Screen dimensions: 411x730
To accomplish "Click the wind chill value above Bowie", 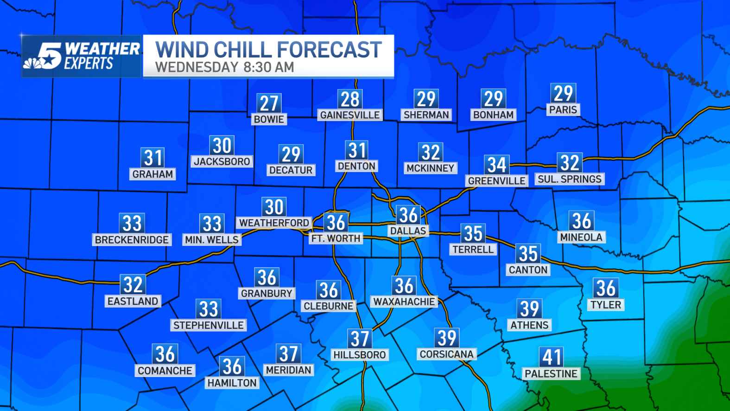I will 269,103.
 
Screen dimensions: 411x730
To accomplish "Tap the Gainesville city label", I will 350,115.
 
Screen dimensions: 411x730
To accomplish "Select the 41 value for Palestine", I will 552,357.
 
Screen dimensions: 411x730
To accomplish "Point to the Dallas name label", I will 408,231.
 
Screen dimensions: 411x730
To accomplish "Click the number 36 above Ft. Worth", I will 336,223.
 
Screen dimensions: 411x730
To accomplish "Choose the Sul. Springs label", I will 570,179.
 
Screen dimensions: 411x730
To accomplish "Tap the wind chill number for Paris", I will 563,94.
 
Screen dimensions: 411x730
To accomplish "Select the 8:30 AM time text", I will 269,67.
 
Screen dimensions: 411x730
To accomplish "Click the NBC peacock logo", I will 32,64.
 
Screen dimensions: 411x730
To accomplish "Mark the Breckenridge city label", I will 132,240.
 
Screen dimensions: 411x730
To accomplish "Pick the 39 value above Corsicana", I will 447,338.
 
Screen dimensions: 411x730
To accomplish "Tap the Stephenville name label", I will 209,325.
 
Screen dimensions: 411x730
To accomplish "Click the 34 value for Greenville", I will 496,165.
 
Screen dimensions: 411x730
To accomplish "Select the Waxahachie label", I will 404,302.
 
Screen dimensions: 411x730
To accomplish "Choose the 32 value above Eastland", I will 133,285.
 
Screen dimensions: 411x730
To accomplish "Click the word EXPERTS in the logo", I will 89,64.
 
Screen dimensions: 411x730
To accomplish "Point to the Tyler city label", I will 606,305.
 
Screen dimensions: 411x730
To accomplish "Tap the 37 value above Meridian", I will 288,354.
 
